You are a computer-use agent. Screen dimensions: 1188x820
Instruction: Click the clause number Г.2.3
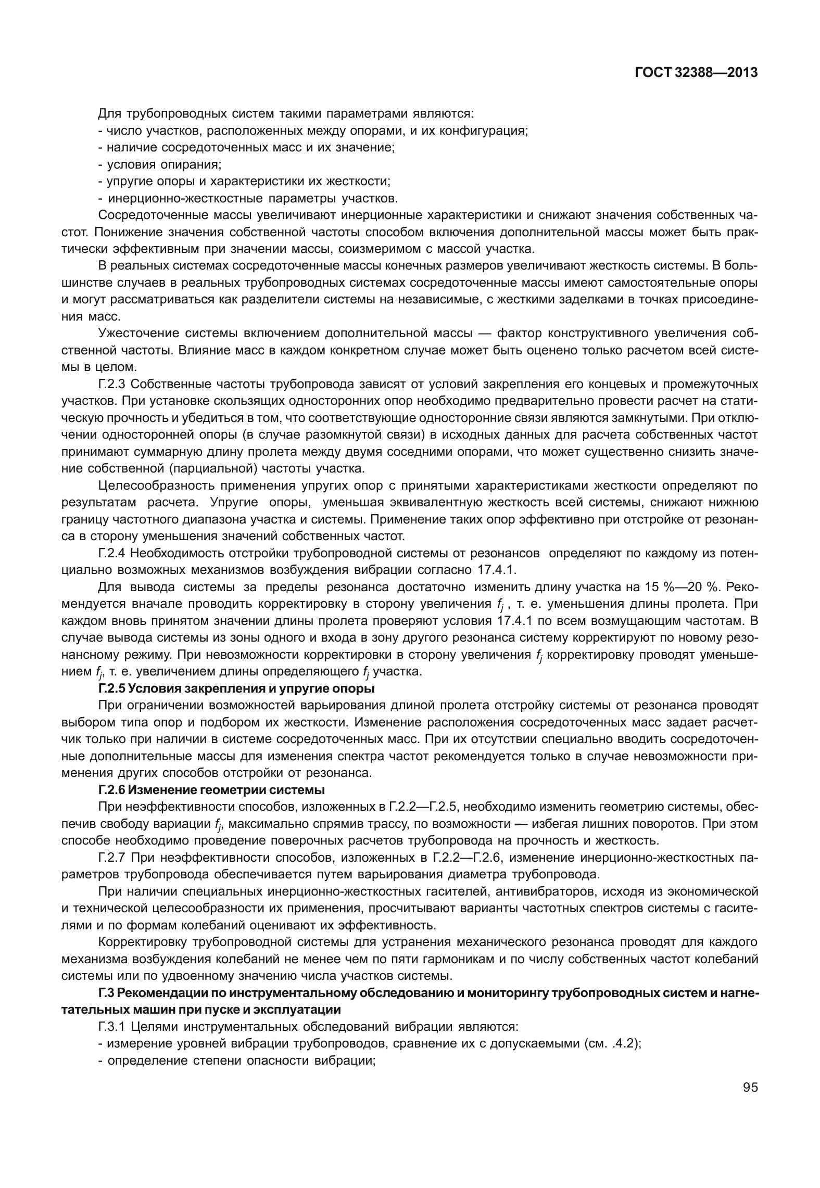(x=112, y=385)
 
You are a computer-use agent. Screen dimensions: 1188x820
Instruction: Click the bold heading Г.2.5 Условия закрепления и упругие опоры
(x=236, y=688)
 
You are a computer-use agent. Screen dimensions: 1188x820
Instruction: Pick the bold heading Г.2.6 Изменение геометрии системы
(x=211, y=790)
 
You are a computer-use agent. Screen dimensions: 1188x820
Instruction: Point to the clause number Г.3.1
(x=112, y=1027)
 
